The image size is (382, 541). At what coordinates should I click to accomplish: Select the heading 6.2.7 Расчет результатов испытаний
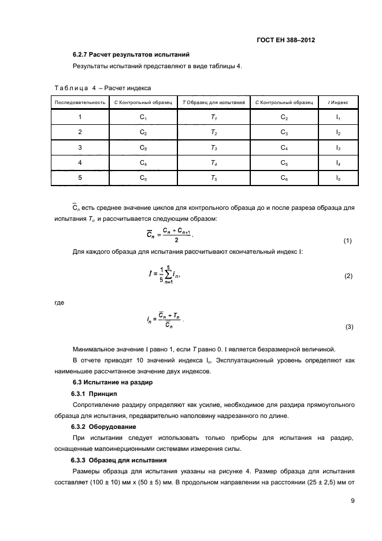pos(131,55)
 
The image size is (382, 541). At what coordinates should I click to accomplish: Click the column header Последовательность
pos(80,102)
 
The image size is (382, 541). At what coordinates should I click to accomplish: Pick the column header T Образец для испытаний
pos(214,102)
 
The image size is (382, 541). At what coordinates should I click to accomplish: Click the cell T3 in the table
pos(214,147)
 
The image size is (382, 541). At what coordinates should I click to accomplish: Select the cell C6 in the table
pos(284,178)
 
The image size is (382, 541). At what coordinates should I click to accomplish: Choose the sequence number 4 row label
pos(80,162)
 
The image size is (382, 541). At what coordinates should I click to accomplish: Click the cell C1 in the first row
pos(144,117)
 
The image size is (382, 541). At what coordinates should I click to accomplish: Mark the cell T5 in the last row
pos(214,178)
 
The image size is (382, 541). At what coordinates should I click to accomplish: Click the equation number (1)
pos(347,240)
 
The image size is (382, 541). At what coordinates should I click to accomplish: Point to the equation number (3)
pos(348,327)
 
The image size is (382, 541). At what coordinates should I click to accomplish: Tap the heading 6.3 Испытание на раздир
pos(112,382)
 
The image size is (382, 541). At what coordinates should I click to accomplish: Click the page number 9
pos(353,501)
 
